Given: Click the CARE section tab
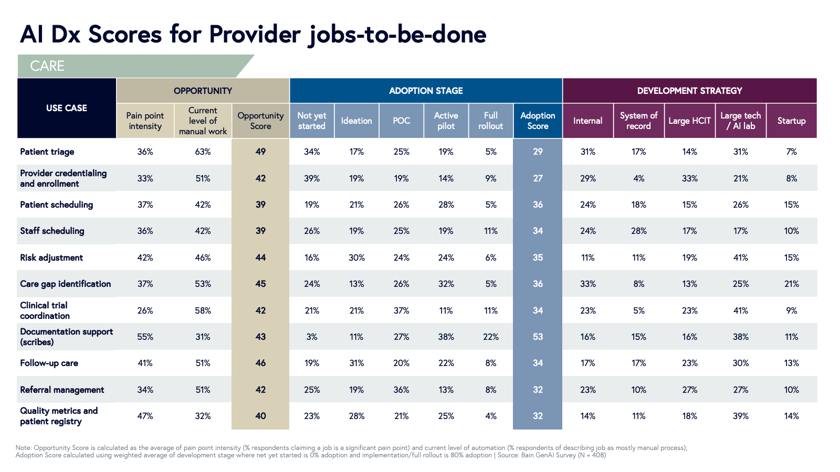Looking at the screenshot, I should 47,66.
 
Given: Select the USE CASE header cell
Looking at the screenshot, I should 67,108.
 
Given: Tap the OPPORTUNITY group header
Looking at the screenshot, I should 203,91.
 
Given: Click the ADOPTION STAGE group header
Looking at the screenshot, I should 426,91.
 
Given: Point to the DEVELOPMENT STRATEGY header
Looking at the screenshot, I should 689,91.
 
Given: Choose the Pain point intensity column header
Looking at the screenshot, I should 145,121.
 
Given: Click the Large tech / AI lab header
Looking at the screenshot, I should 740,121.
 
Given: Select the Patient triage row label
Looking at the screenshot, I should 47,152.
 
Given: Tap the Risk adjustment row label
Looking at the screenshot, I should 51,258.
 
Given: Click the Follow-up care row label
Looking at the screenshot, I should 49,363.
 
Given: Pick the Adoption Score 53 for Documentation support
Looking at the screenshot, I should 538,337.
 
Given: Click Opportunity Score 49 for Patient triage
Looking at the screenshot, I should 260,152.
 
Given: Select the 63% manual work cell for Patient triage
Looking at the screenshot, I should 203,152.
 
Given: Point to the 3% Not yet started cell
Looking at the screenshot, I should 312,337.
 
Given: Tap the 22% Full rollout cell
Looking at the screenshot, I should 490,337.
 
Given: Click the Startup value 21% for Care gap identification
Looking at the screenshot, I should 791,284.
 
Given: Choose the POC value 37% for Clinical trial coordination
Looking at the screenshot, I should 401,310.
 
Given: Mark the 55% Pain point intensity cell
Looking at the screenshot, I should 145,337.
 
